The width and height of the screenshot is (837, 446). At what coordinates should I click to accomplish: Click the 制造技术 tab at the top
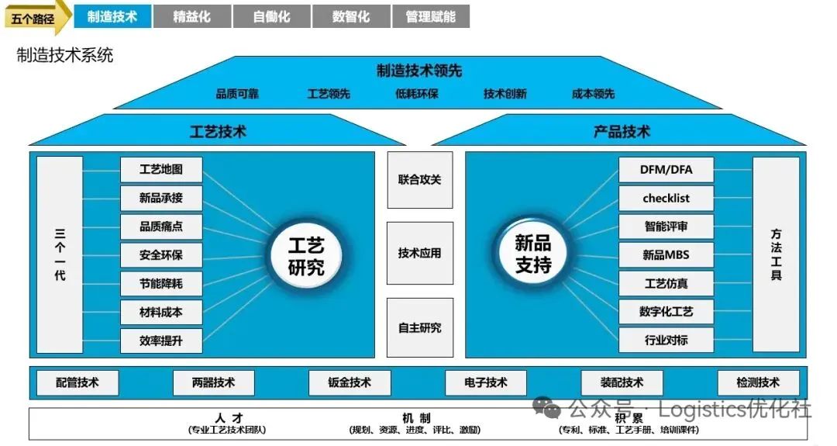(x=112, y=16)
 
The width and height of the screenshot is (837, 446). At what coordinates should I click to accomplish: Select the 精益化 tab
(x=192, y=16)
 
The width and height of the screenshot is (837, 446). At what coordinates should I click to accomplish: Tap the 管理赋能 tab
(x=430, y=16)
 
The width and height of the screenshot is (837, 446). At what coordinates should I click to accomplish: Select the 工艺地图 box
(x=161, y=170)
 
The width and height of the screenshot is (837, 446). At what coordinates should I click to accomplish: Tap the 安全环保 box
(x=161, y=255)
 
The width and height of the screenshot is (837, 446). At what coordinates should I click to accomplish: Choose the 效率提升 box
(x=161, y=341)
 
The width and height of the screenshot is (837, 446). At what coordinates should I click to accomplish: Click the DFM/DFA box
(x=666, y=170)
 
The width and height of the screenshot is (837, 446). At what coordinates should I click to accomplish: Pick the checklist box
(x=666, y=198)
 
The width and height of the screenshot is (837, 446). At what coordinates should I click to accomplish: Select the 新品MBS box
(x=666, y=254)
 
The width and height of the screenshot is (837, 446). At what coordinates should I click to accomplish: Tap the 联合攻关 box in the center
(x=419, y=180)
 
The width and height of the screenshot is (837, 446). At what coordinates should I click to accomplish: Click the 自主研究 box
(x=419, y=328)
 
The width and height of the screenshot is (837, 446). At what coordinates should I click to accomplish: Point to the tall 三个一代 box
(x=60, y=254)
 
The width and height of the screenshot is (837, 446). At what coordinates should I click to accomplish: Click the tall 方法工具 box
(x=775, y=254)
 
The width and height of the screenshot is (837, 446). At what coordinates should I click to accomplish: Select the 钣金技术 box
(x=350, y=382)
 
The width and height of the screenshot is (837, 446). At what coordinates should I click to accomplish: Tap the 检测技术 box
(x=757, y=382)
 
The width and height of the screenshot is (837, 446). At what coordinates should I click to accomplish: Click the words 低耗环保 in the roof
(x=417, y=94)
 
